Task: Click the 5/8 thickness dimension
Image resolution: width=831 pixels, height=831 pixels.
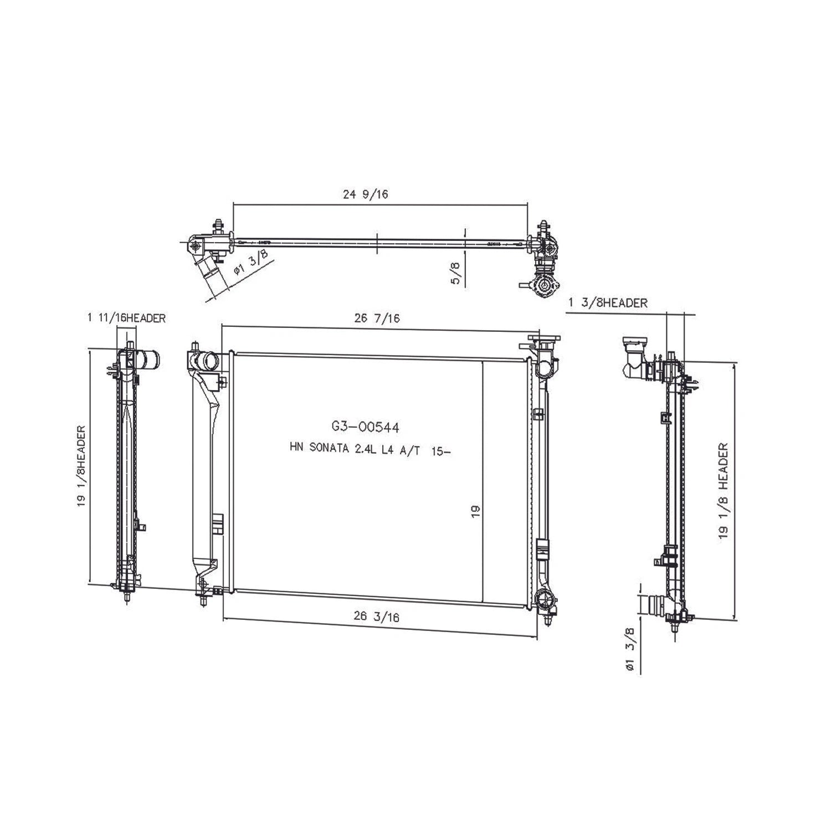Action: pos(456,273)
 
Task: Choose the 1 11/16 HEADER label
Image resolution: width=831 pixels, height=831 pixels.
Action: pos(126,318)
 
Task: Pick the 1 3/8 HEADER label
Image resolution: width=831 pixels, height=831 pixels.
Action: pos(608,303)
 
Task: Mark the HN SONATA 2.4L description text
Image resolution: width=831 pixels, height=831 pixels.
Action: pos(370,450)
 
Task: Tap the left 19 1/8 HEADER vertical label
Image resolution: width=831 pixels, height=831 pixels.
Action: pos(81,465)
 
